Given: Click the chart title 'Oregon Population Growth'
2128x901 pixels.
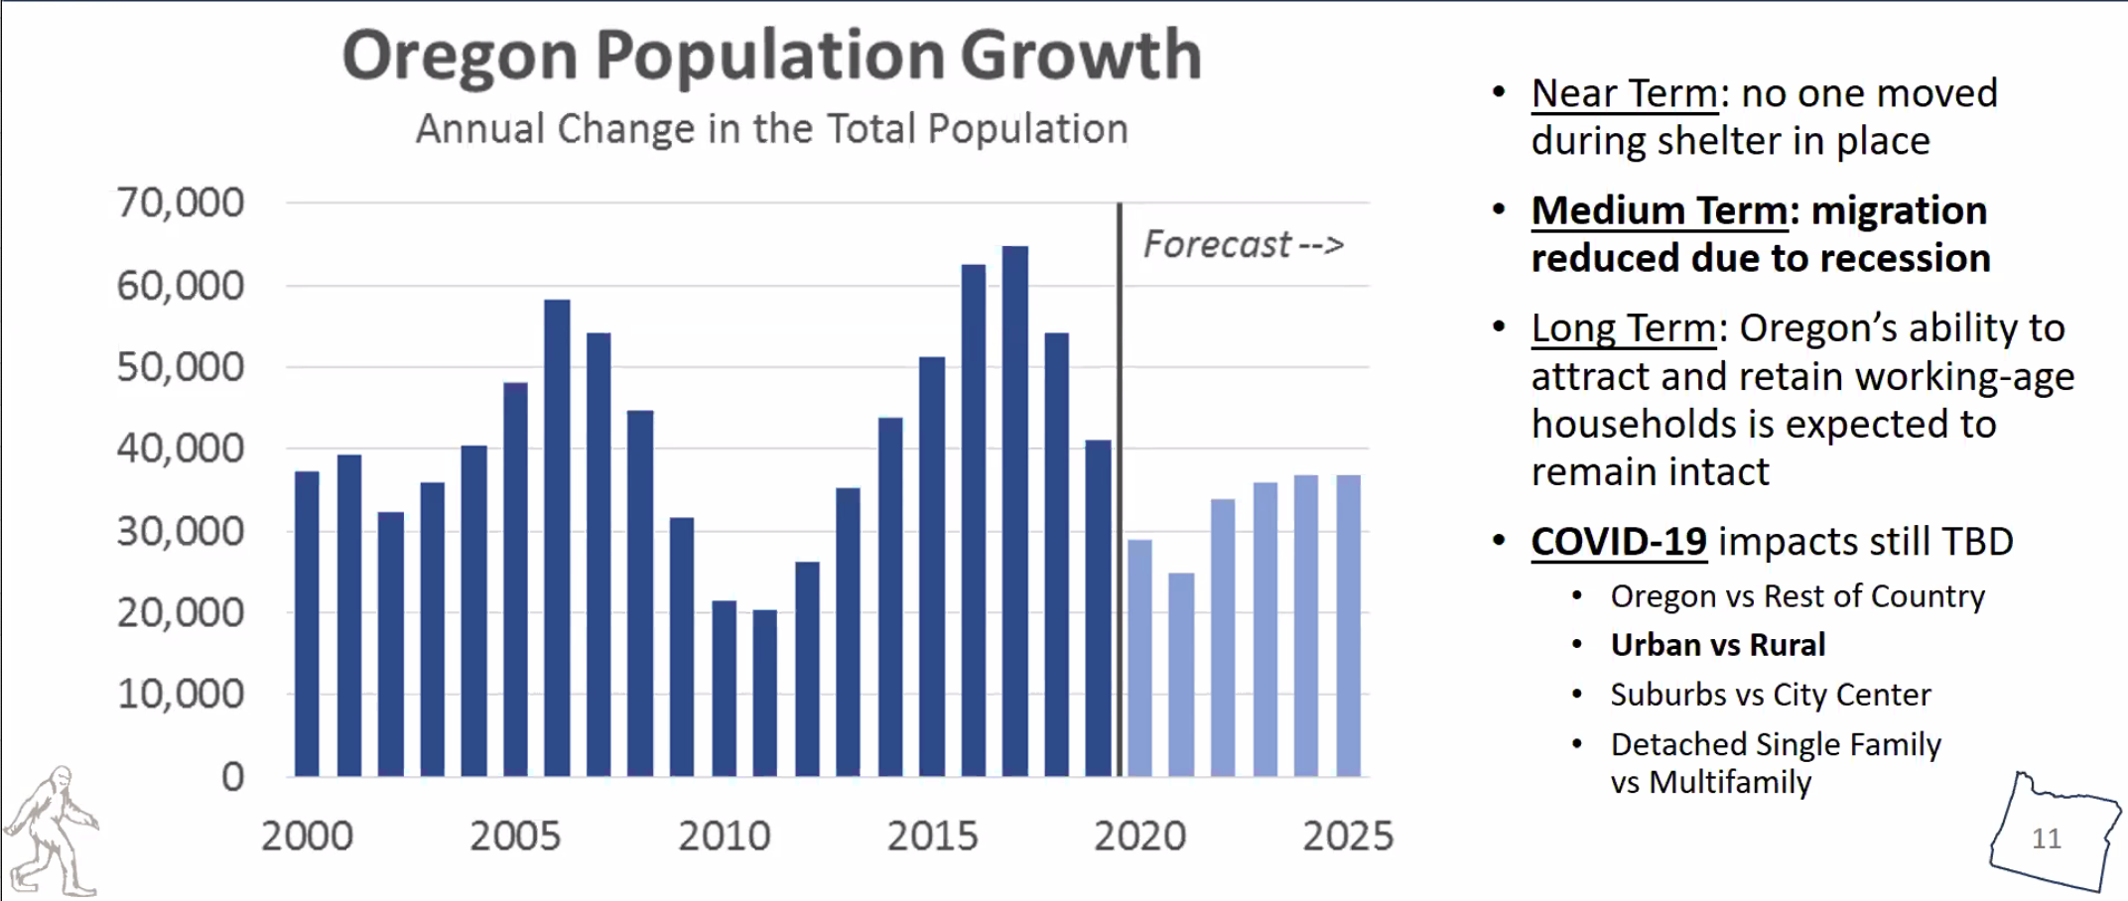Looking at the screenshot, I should click(771, 55).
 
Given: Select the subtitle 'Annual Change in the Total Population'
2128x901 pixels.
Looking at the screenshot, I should click(771, 129).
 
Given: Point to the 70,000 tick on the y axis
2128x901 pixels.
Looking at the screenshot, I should click(180, 202).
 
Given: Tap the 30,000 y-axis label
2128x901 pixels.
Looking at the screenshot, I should click(180, 532).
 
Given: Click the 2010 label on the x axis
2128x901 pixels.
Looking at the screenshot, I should click(724, 837).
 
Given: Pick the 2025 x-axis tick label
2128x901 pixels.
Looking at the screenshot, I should click(1348, 837).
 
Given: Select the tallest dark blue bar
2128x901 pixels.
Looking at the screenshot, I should click(1015, 511).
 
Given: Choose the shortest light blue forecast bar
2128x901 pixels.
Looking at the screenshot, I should click(1181, 675).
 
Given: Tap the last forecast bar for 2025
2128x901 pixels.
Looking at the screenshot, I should click(1348, 625).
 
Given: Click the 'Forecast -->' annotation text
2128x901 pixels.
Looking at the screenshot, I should click(1243, 244).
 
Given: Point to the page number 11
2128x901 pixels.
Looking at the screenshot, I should click(2047, 838).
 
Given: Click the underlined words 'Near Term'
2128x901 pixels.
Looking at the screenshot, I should click(1624, 94).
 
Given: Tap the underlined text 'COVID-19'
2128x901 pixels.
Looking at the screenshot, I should click(1618, 542).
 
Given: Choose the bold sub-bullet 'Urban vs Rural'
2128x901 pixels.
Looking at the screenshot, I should click(1717, 645).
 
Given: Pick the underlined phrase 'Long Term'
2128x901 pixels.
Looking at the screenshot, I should click(1623, 328).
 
